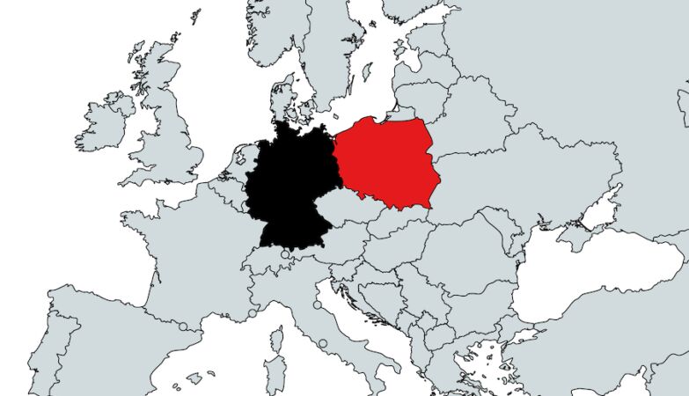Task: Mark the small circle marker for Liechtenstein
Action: [285, 256]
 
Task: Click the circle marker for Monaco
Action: [252, 312]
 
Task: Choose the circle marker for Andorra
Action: [183, 326]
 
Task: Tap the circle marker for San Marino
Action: [318, 305]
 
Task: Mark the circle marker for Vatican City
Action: [323, 343]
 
